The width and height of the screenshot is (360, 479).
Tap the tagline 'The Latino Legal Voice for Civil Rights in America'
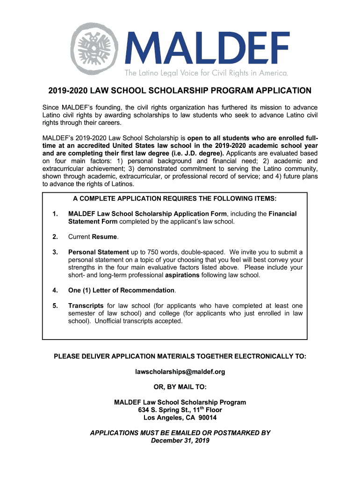click(x=206, y=73)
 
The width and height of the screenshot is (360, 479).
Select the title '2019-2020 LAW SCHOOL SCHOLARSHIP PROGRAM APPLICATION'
click(x=180, y=91)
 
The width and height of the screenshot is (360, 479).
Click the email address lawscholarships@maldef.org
click(x=180, y=372)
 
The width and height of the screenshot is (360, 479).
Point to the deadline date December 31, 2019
click(x=180, y=441)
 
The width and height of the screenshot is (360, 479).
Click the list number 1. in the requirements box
click(x=55, y=214)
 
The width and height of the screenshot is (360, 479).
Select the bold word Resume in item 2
click(x=105, y=237)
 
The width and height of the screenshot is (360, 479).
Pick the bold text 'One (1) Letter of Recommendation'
click(x=121, y=290)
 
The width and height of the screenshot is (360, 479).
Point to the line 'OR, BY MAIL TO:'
click(x=180, y=387)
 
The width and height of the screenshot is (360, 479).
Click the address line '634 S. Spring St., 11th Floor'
click(x=180, y=410)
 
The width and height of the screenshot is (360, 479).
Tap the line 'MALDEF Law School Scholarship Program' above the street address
click(x=180, y=402)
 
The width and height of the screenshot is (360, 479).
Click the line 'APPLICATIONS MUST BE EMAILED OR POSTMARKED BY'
click(x=180, y=433)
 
